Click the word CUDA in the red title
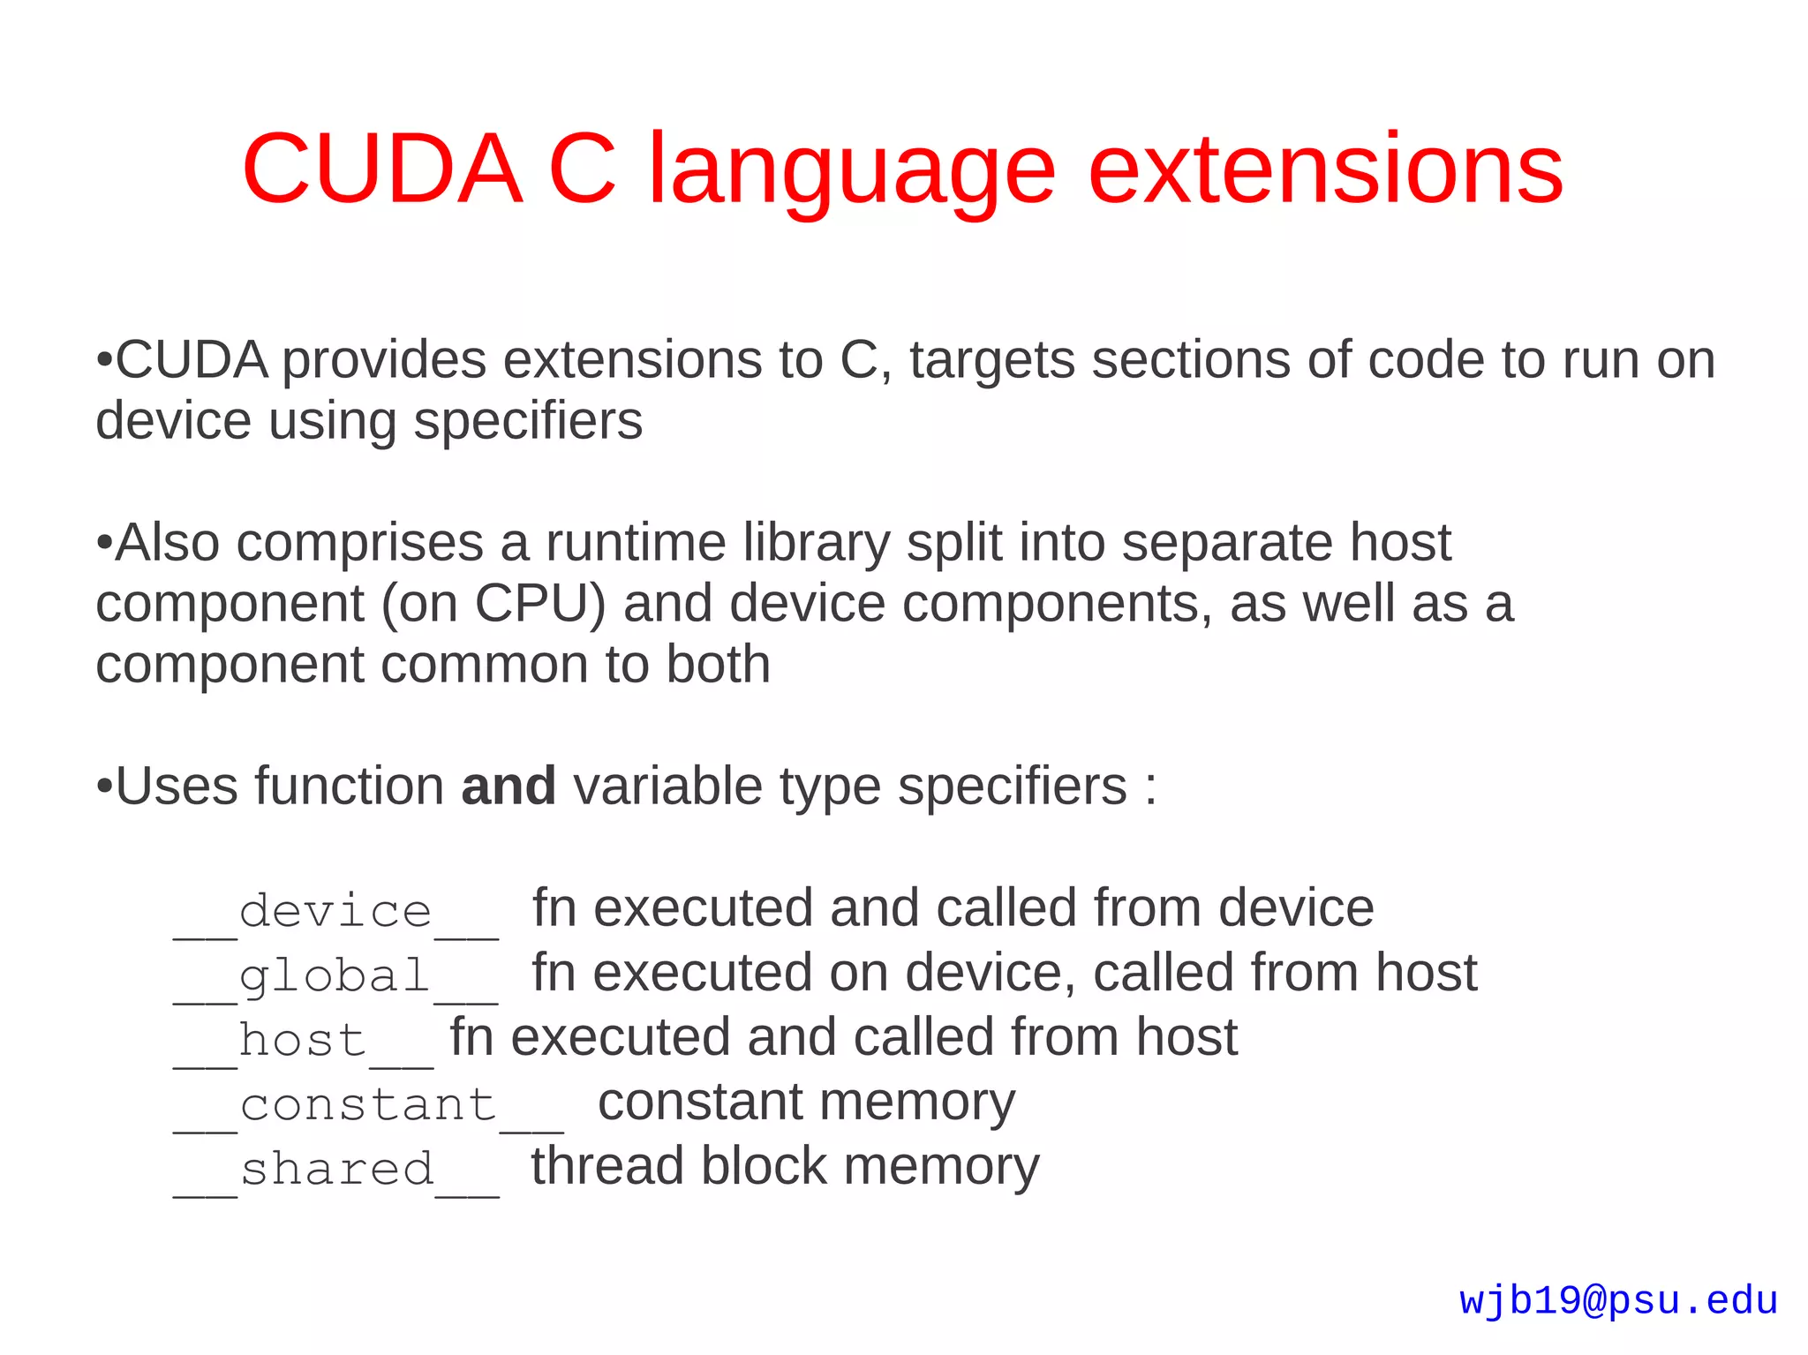[382, 168]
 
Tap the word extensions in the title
[1326, 168]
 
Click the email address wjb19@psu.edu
[1618, 1301]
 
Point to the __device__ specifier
[335, 912]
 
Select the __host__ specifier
[303, 1042]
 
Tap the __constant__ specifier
[368, 1106]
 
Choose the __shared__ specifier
[335, 1171]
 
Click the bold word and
[508, 786]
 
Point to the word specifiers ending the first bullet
[528, 422]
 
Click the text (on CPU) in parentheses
[494, 604]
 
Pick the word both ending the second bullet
[718, 664]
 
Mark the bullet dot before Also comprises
[104, 544]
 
